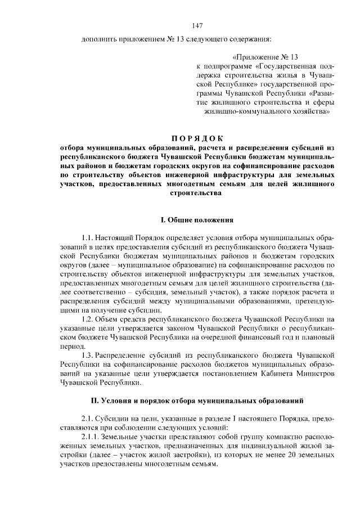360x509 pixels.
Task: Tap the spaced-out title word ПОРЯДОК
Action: click(197, 138)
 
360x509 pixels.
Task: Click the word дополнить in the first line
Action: click(99, 39)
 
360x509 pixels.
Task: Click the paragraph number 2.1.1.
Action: click(91, 437)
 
